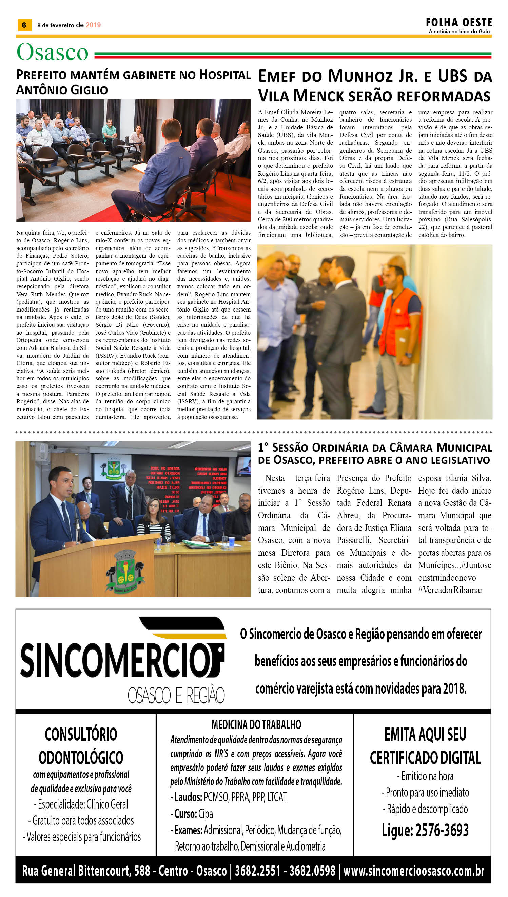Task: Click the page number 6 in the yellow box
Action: [24, 25]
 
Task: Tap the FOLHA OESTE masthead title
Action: [458, 23]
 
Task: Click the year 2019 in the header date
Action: [93, 25]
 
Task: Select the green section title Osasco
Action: [52, 52]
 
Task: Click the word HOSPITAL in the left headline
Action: [225, 75]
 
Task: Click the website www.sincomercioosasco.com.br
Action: [414, 871]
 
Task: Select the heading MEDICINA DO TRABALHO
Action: [256, 724]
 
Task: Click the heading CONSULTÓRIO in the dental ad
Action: [81, 735]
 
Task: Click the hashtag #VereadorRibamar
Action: [450, 590]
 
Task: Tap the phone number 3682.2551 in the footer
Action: [257, 871]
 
